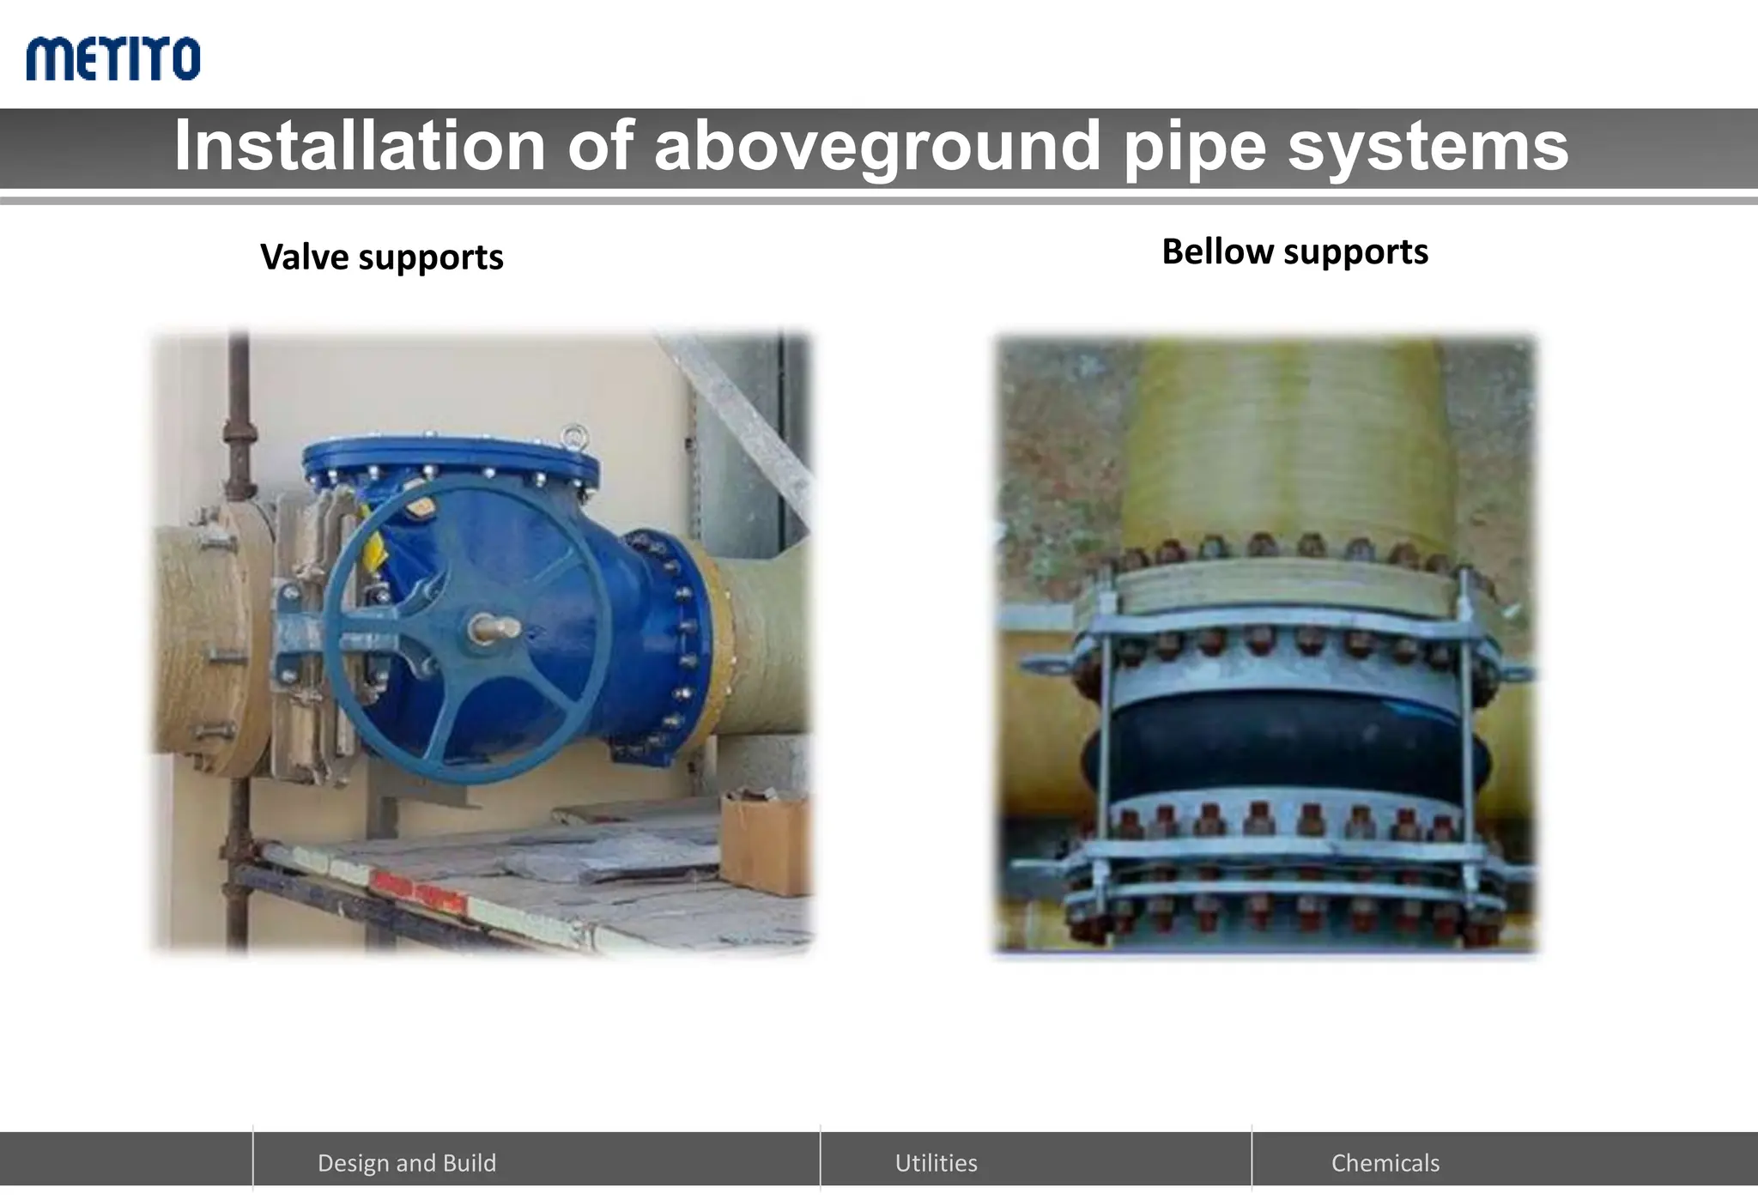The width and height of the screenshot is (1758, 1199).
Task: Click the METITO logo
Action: (112, 58)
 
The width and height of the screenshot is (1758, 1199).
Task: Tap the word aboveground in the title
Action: (876, 146)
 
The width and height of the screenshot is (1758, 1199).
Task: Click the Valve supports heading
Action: (381, 257)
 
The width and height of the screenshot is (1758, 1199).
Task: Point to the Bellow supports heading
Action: (1294, 251)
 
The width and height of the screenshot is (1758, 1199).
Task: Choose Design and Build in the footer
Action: (407, 1162)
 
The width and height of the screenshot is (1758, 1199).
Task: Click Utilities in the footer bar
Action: (936, 1162)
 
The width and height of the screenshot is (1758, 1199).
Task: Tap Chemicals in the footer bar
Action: (1385, 1162)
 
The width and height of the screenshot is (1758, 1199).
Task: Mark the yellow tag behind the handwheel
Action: (378, 549)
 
